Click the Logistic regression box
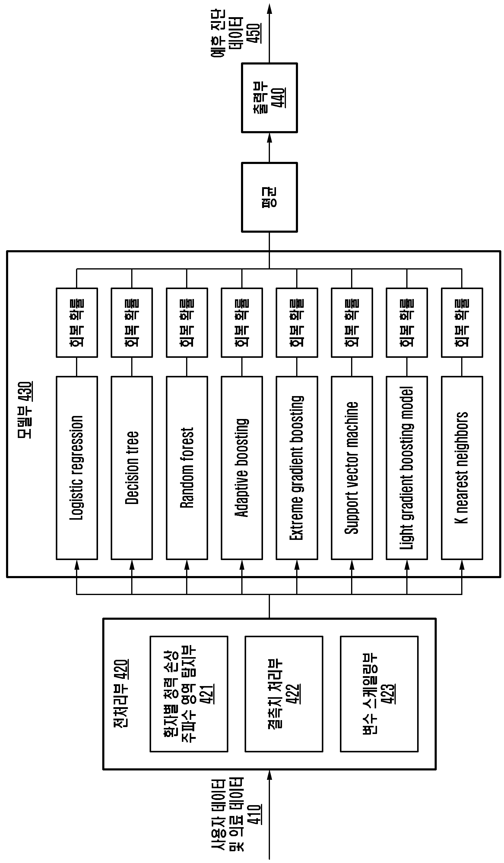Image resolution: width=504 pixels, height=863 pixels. (x=77, y=468)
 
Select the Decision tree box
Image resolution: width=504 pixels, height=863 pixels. (x=132, y=468)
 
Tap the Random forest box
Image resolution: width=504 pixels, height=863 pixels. (x=187, y=468)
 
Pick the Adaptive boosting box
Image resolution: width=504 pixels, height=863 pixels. (x=242, y=468)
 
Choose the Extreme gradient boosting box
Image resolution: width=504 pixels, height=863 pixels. (x=297, y=468)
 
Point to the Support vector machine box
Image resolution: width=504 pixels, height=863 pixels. (x=352, y=468)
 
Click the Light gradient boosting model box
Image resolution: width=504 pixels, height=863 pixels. (x=407, y=468)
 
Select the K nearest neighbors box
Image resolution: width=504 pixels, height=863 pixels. (x=462, y=468)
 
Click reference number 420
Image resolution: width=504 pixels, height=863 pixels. (x=121, y=670)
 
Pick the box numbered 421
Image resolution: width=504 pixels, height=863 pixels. (x=189, y=694)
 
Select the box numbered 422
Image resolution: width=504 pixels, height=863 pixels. (x=284, y=694)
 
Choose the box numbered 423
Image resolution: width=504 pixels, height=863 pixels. (x=379, y=694)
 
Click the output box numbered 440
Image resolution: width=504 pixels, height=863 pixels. (x=269, y=98)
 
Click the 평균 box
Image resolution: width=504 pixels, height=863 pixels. (x=269, y=197)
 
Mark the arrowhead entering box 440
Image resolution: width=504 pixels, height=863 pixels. (x=269, y=138)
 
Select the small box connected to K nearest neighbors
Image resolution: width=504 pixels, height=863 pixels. (x=462, y=323)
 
